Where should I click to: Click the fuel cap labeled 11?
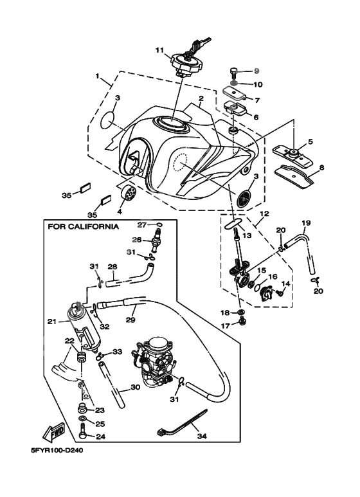[187, 64]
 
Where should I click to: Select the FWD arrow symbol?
[54, 432]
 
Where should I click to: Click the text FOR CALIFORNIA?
[84, 226]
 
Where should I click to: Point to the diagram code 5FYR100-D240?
[57, 450]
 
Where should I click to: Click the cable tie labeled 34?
[182, 424]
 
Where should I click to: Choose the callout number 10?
[258, 85]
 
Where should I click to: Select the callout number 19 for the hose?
[306, 223]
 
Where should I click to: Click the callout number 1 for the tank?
[97, 76]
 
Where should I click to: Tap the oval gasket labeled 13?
[233, 224]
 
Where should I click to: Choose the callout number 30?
[135, 388]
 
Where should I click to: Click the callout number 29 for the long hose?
[130, 320]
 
